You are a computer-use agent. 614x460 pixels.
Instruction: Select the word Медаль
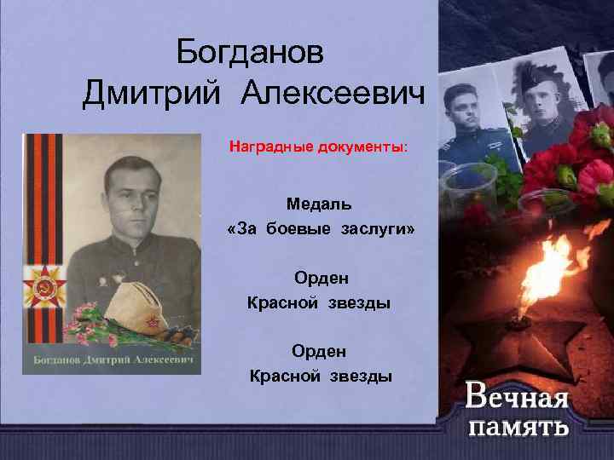[x=319, y=204]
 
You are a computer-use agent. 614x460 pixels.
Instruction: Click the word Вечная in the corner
[x=517, y=398]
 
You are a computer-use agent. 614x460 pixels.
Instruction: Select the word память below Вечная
[x=517, y=426]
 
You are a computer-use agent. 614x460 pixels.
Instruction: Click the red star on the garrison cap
[x=151, y=322]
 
